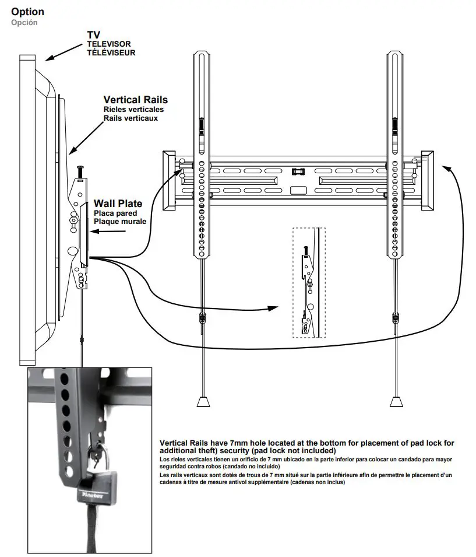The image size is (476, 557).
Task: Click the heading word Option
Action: coord(27,11)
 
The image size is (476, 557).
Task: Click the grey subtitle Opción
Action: coord(24,22)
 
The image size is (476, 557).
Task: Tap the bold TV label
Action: coord(93,35)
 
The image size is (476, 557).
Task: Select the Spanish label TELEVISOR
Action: coord(109,44)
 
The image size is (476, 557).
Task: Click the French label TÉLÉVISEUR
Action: coord(111,52)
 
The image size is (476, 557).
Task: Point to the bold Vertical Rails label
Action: coord(135,100)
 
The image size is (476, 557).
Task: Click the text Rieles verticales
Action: coord(133,109)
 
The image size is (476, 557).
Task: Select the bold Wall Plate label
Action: coord(118,204)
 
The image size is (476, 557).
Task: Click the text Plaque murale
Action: coord(120,221)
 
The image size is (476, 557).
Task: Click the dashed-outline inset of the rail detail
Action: coord(309,283)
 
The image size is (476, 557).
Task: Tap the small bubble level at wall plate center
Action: coord(298,172)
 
